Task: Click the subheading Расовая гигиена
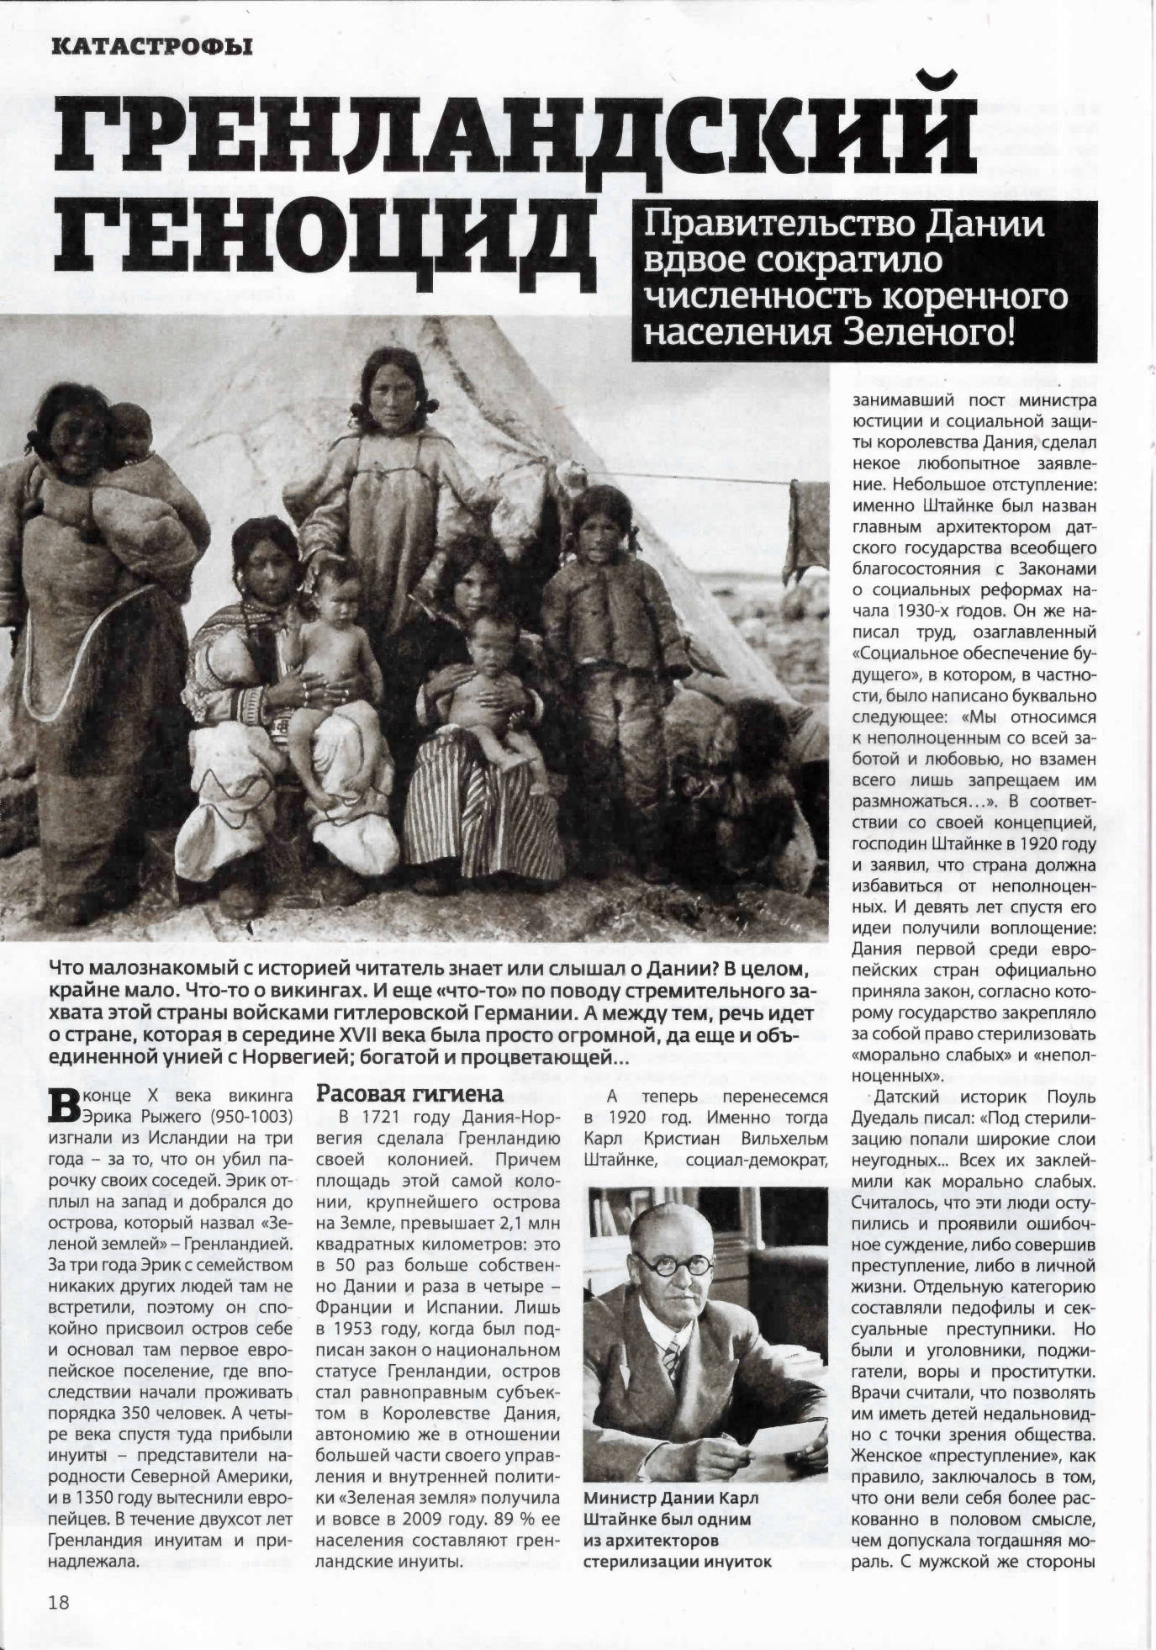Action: [409, 1094]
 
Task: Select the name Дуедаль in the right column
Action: [889, 1118]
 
